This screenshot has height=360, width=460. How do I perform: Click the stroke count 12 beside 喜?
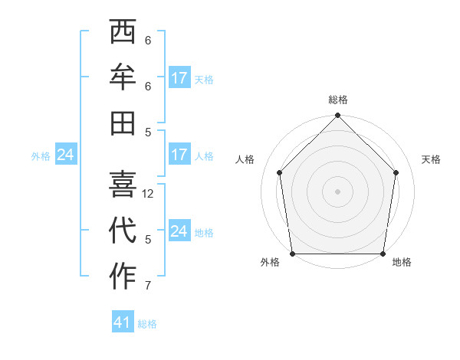149,194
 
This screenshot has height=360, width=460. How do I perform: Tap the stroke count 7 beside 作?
148,286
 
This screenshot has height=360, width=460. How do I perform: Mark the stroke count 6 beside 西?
148,41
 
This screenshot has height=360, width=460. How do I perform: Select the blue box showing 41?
123,322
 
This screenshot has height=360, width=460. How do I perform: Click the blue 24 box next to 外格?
65,155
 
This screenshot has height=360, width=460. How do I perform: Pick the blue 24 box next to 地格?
179,231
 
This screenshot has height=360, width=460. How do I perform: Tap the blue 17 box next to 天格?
179,78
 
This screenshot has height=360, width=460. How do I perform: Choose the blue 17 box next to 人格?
179,155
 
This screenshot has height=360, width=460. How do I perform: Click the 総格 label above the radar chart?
338,100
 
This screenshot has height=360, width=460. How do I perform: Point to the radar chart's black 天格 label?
431,159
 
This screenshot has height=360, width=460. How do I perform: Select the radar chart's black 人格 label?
245,159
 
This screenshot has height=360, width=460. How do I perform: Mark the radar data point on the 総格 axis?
338,116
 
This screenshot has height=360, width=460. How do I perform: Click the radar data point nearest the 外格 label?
293,254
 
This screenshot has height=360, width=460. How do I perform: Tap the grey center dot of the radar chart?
338,191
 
